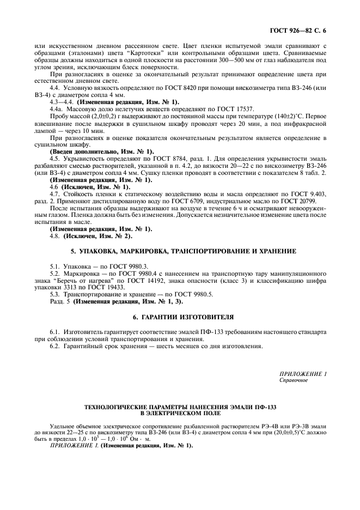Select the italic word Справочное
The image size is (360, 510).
coord(294,380)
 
